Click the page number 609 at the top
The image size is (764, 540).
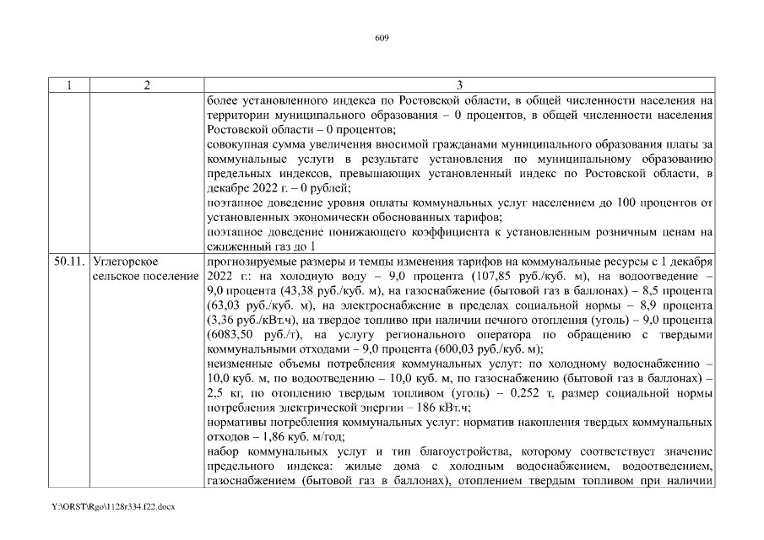click(x=381, y=37)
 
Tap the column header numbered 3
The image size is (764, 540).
click(x=458, y=86)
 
